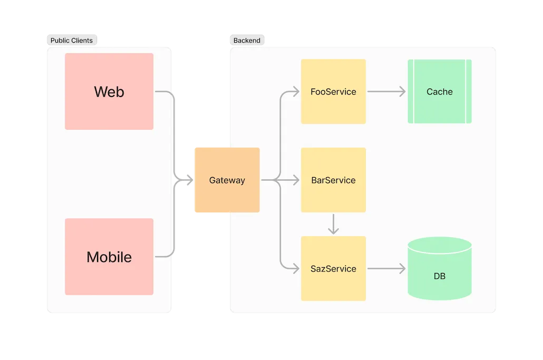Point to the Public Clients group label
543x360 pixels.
click(71, 41)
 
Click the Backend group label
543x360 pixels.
click(247, 41)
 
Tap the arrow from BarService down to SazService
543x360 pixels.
click(333, 224)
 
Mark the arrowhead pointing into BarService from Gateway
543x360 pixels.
click(296, 180)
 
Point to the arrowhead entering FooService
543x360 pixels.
click(296, 92)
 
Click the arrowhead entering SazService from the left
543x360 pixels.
click(296, 269)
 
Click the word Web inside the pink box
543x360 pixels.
click(109, 92)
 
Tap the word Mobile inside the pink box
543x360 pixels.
click(109, 257)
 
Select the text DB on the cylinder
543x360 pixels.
click(439, 276)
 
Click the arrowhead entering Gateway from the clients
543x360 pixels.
click(189, 180)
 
